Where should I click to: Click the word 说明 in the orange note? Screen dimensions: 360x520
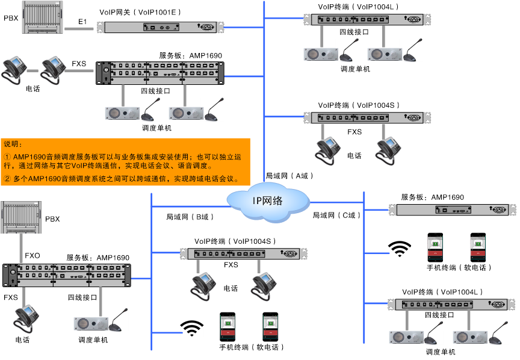point(13,144)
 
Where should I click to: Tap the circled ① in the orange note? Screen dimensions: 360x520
point(7,157)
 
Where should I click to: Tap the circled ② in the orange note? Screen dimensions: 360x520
point(7,179)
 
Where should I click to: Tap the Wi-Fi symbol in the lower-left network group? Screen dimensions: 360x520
point(191,327)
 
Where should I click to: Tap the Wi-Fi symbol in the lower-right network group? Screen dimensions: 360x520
point(399,249)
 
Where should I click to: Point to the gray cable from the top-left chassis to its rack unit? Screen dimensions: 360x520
point(79,28)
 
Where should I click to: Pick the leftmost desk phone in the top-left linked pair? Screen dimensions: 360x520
point(13,67)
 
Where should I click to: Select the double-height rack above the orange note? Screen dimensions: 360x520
point(160,72)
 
